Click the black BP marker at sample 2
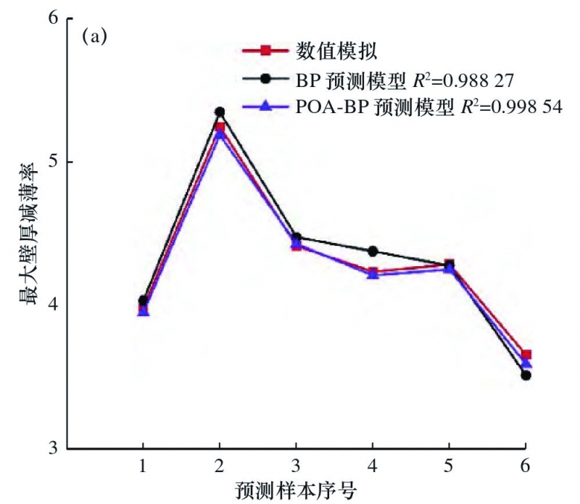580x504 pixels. pyautogui.click(x=220, y=112)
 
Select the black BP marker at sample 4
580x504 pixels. pyautogui.click(x=373, y=251)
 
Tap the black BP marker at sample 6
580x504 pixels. pyautogui.click(x=526, y=375)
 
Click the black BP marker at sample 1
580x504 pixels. pyautogui.click(x=143, y=300)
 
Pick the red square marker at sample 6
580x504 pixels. pyautogui.click(x=526, y=355)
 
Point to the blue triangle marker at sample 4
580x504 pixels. pyautogui.click(x=373, y=274)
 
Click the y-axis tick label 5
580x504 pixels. pyautogui.click(x=52, y=161)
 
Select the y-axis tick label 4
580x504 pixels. pyautogui.click(x=52, y=305)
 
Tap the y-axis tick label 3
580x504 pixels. pyautogui.click(x=52, y=447)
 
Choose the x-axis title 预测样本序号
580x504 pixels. pyautogui.click(x=297, y=489)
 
